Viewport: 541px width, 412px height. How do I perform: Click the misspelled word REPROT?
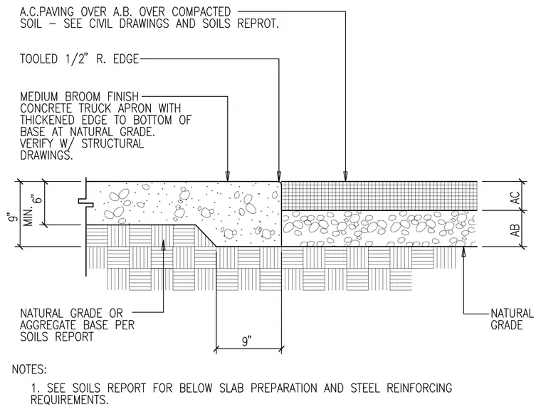coord(258,24)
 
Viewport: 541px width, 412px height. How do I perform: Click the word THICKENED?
coord(47,120)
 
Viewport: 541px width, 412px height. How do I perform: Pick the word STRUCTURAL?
coord(112,143)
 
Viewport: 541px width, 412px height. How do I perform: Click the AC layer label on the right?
coord(515,198)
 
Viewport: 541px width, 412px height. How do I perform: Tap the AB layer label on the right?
coord(515,230)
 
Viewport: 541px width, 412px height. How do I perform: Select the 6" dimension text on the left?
coord(38,196)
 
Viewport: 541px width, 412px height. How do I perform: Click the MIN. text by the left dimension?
coord(29,217)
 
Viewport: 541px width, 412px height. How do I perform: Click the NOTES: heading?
coord(29,369)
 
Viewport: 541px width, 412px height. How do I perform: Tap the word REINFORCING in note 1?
coord(419,388)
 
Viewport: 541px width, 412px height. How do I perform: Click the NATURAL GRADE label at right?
coord(512,319)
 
